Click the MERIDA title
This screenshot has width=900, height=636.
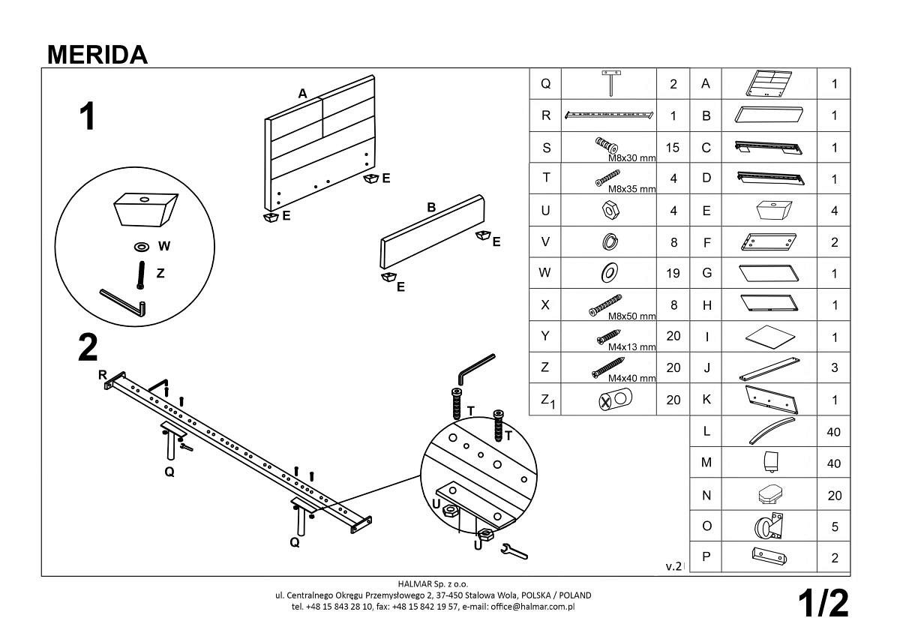click(x=97, y=54)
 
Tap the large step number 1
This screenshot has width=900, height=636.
click(x=88, y=117)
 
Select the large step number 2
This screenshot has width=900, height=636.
click(x=88, y=347)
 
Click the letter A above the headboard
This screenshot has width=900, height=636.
click(x=302, y=94)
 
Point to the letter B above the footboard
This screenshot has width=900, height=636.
click(x=432, y=208)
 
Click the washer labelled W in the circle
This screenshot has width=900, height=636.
click(x=141, y=246)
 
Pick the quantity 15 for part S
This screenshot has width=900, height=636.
click(x=672, y=148)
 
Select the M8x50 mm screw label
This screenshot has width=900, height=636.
click(x=631, y=316)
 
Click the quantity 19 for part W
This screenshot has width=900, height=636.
click(x=673, y=274)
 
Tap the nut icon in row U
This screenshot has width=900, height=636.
click(x=609, y=210)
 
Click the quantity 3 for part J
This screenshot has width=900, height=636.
click(x=835, y=369)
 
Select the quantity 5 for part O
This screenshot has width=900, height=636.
click(x=835, y=527)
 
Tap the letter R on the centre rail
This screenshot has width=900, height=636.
click(x=103, y=374)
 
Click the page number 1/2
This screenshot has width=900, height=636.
click(x=823, y=603)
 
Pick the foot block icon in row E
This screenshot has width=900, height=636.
click(x=770, y=210)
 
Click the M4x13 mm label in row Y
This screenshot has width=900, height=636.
click(x=631, y=347)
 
